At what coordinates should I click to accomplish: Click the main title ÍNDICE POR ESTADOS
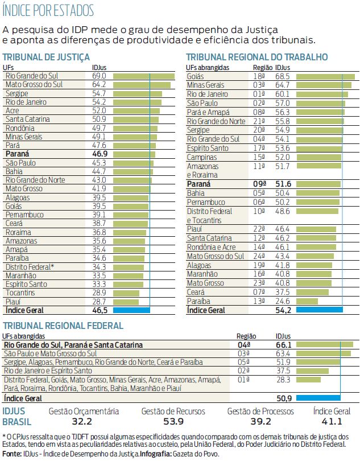click(48, 11)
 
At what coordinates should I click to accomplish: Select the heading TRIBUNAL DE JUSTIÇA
click(47, 57)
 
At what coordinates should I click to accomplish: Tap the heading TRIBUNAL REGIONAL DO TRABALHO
click(256, 57)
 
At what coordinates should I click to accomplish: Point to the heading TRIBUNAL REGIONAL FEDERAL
click(63, 326)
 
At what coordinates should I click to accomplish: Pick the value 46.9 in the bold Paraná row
click(100, 154)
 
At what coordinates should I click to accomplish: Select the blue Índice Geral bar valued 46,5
click(131, 310)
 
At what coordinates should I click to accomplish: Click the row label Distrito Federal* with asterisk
click(30, 267)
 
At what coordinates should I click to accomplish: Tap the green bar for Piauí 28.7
click(126, 302)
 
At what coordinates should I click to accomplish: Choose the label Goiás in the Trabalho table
click(196, 76)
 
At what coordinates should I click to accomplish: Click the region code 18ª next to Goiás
click(259, 76)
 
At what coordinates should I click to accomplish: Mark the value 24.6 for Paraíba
click(283, 301)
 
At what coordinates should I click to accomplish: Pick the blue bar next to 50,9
click(318, 397)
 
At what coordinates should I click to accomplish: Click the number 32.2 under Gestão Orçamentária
click(82, 422)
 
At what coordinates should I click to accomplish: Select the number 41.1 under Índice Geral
click(332, 422)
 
